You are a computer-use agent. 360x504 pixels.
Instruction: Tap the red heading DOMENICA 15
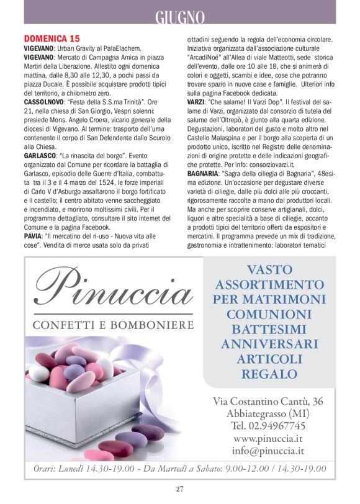52,38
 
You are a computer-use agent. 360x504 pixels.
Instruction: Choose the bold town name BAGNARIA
202,174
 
